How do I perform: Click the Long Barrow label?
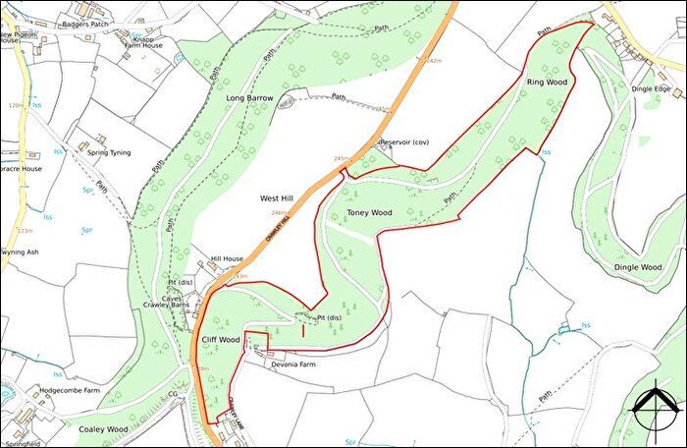coord(249,98)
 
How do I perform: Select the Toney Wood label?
coord(369,212)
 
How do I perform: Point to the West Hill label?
coord(278,198)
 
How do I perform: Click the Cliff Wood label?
coord(221,339)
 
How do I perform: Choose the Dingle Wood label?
coord(638,267)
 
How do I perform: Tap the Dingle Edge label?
coord(651,88)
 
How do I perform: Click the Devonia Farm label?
coord(293,364)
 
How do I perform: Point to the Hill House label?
coord(227,259)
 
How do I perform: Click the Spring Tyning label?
coord(108,153)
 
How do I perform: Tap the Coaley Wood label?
coord(103,429)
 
